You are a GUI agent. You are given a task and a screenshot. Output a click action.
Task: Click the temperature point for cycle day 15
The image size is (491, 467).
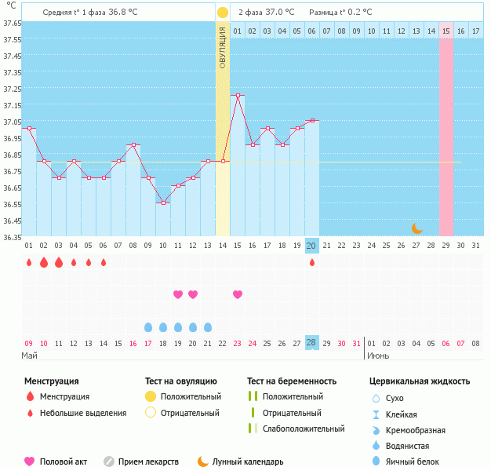coord(238,95)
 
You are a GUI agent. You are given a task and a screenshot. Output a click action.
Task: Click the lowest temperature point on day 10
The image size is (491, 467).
coord(163,202)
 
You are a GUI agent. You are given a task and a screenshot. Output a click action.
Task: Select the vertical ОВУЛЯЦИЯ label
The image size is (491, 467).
coord(223,47)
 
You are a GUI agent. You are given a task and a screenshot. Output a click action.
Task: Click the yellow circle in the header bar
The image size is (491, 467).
coord(223,13)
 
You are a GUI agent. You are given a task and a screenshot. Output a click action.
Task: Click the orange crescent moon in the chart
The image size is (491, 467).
coord(417,228)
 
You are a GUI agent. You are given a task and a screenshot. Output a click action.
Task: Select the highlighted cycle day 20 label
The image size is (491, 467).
coord(311,246)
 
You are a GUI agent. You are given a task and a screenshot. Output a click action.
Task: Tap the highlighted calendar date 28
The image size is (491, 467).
coord(311,343)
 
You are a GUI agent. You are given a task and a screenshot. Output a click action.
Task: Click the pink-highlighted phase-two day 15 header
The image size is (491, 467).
coord(446,31)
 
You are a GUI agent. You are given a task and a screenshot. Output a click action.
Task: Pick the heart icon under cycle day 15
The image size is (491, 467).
coord(238,294)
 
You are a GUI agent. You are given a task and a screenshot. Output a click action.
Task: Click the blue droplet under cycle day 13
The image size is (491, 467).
coord(208,327)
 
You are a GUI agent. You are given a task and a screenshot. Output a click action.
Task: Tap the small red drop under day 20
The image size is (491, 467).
coord(312,262)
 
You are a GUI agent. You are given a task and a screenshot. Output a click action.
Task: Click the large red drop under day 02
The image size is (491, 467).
coord(44,262)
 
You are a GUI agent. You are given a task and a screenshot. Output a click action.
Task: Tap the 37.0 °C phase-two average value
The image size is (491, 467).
coord(280,13)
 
